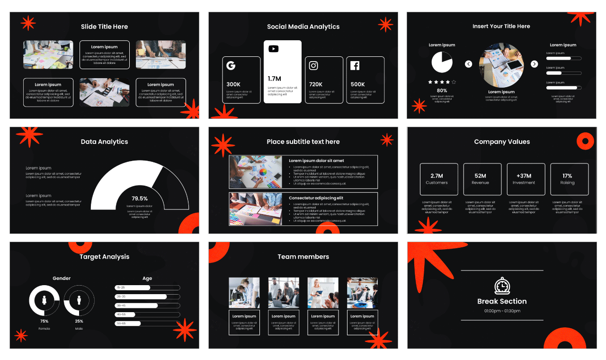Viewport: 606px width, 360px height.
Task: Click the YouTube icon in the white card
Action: pos(274,49)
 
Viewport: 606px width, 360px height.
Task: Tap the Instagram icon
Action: pos(313,66)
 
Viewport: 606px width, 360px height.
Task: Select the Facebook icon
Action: pos(355,66)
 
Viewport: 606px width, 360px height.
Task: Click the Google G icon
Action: pos(231,66)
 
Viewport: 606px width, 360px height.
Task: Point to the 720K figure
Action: pos(316,84)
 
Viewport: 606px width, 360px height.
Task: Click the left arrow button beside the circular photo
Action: pos(469,64)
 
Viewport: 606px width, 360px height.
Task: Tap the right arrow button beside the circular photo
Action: pos(534,64)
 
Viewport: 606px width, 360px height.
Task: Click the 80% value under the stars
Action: pos(442,90)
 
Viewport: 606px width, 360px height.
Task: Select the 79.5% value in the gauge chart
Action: pos(140,198)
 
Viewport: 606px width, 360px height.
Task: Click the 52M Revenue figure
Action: pos(480,176)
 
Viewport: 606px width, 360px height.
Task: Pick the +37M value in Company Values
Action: pos(524,176)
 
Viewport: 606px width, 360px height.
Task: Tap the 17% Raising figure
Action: pos(567,176)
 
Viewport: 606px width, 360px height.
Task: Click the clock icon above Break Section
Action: pos(502,287)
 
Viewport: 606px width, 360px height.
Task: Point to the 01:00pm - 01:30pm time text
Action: pos(502,311)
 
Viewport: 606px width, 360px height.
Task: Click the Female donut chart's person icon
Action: pos(45,300)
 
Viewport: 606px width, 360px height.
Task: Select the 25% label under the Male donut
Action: pos(79,321)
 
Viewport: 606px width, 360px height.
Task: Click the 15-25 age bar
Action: pos(132,288)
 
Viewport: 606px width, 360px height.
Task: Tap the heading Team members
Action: pos(303,257)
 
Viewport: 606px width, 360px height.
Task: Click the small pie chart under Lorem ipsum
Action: pos(442,63)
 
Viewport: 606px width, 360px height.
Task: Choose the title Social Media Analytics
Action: pos(303,27)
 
